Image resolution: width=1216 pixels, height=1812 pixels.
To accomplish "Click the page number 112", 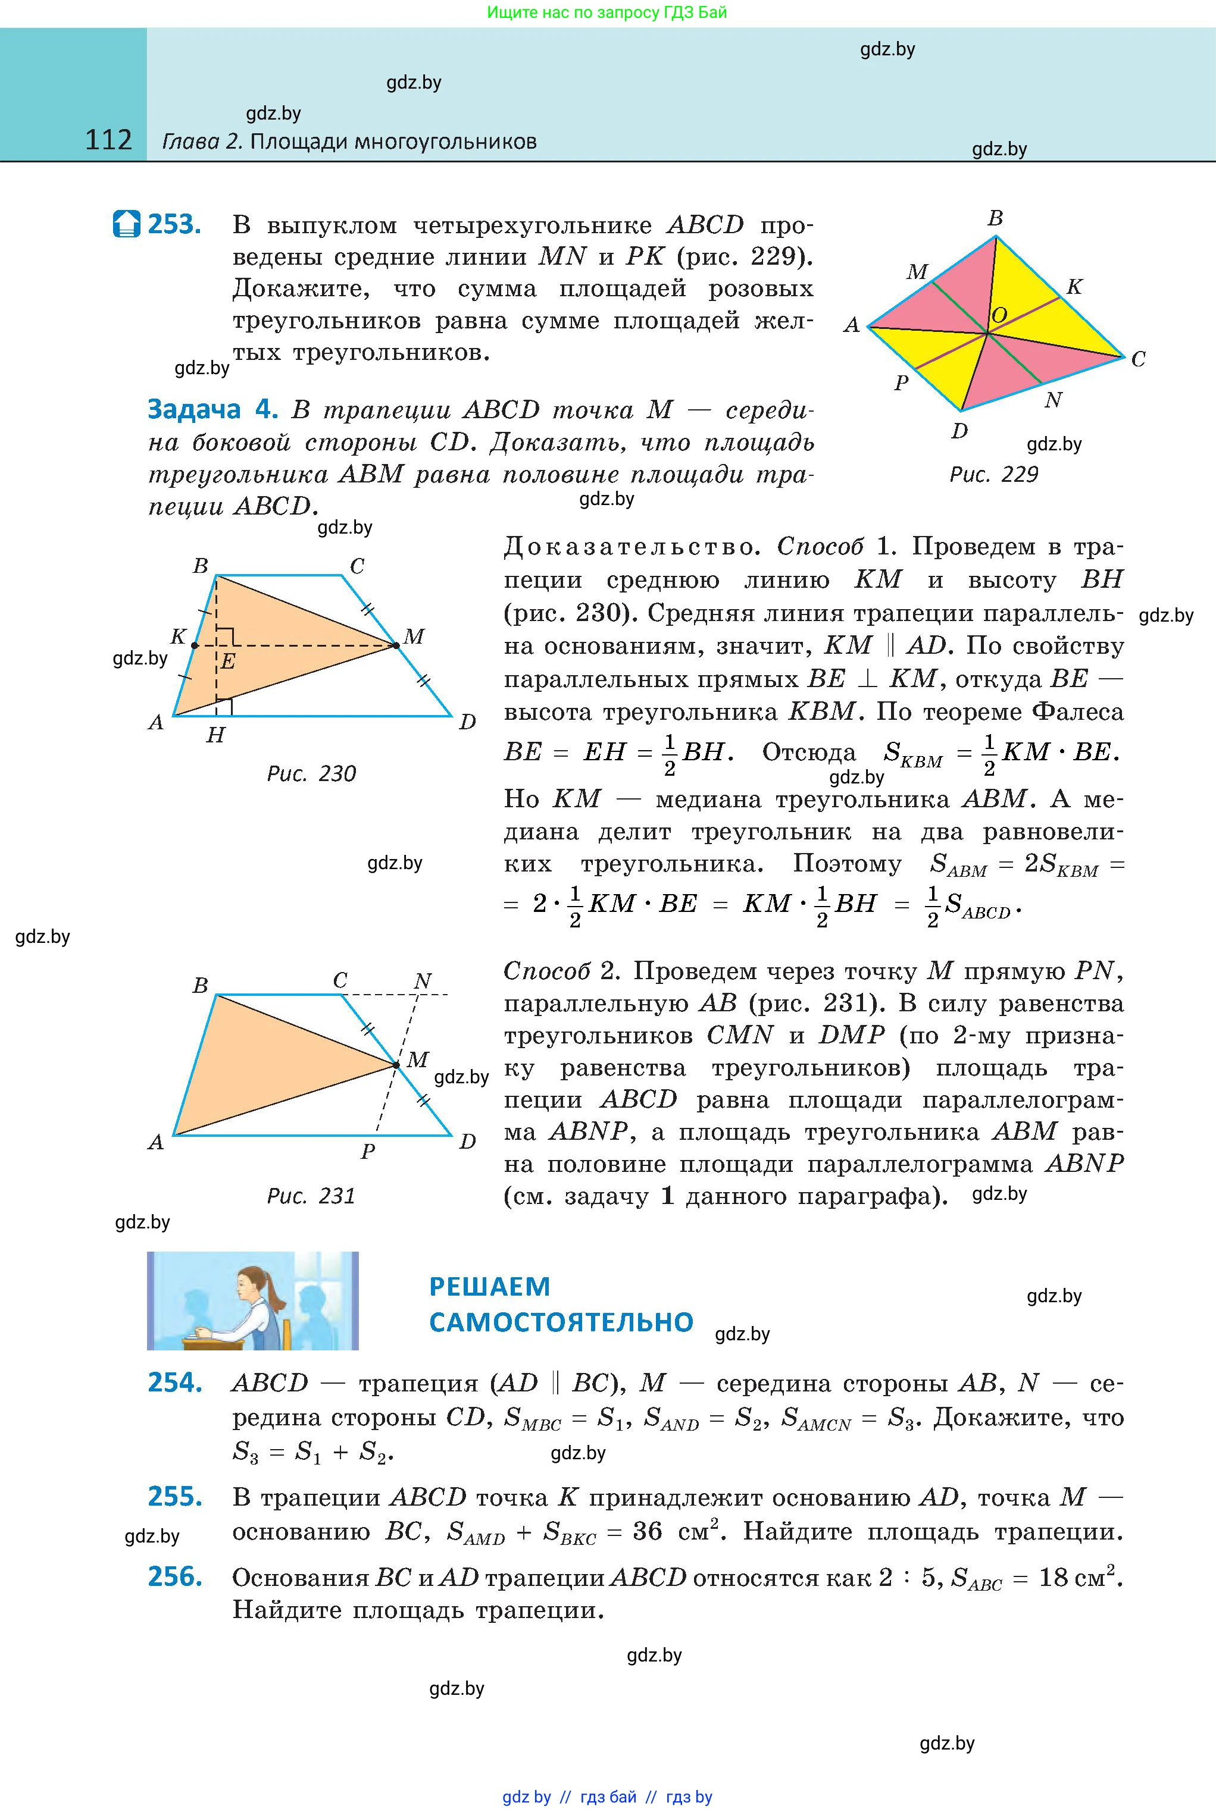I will pos(108,140).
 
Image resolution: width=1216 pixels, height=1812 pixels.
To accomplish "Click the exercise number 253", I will pos(174,225).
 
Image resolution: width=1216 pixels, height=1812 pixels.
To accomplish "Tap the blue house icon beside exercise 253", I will pos(126,224).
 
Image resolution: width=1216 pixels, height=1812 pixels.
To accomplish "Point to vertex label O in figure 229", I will pos(999,315).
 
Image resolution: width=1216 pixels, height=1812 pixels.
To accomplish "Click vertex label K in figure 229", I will pos(1073,287).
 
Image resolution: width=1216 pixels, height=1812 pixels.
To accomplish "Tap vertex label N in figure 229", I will pos(1052,400).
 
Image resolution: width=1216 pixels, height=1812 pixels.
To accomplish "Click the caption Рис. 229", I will pos(993,474).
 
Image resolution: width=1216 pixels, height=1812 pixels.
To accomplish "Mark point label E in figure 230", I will pos(227,661).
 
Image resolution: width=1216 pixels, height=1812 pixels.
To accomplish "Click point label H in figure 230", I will pos(215,734).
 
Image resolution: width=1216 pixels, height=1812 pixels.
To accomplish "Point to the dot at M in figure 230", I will pos(395,645).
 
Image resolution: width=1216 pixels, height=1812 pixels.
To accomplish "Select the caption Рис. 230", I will pos(311,773).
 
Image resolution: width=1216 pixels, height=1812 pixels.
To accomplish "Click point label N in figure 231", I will pos(422,981).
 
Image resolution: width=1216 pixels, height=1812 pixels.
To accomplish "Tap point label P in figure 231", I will pos(368,1152).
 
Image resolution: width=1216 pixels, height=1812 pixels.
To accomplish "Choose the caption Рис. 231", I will pos(311,1196).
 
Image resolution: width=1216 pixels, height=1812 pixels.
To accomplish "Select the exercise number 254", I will pos(175,1382).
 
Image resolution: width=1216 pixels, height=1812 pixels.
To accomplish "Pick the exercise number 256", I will pos(175,1576).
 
